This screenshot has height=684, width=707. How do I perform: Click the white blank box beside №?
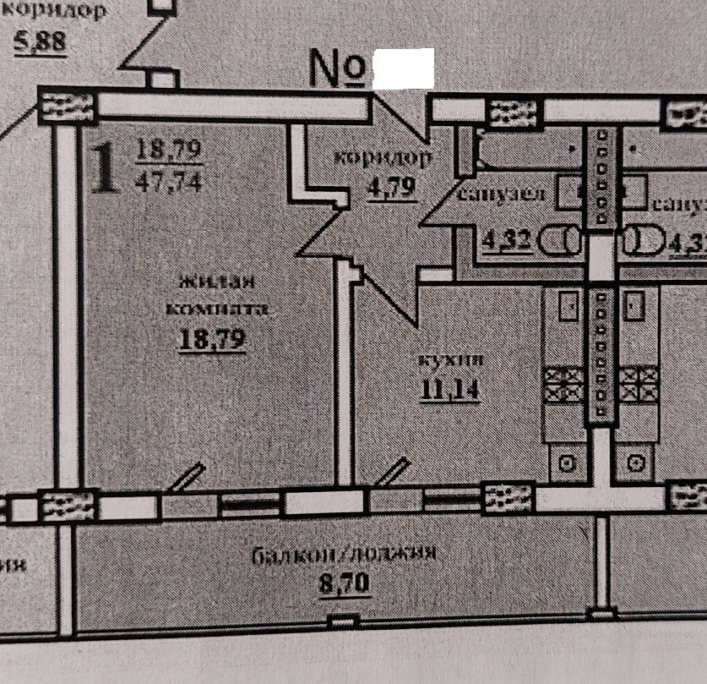point(403,68)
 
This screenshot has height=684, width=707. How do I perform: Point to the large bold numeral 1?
point(103,167)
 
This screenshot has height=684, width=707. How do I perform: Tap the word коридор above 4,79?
point(382,157)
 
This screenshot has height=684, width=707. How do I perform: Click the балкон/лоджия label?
point(345,554)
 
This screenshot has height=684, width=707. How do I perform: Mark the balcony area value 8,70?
point(345,583)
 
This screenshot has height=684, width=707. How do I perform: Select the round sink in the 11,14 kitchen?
point(567,462)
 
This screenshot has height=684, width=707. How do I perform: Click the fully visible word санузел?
point(501,195)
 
